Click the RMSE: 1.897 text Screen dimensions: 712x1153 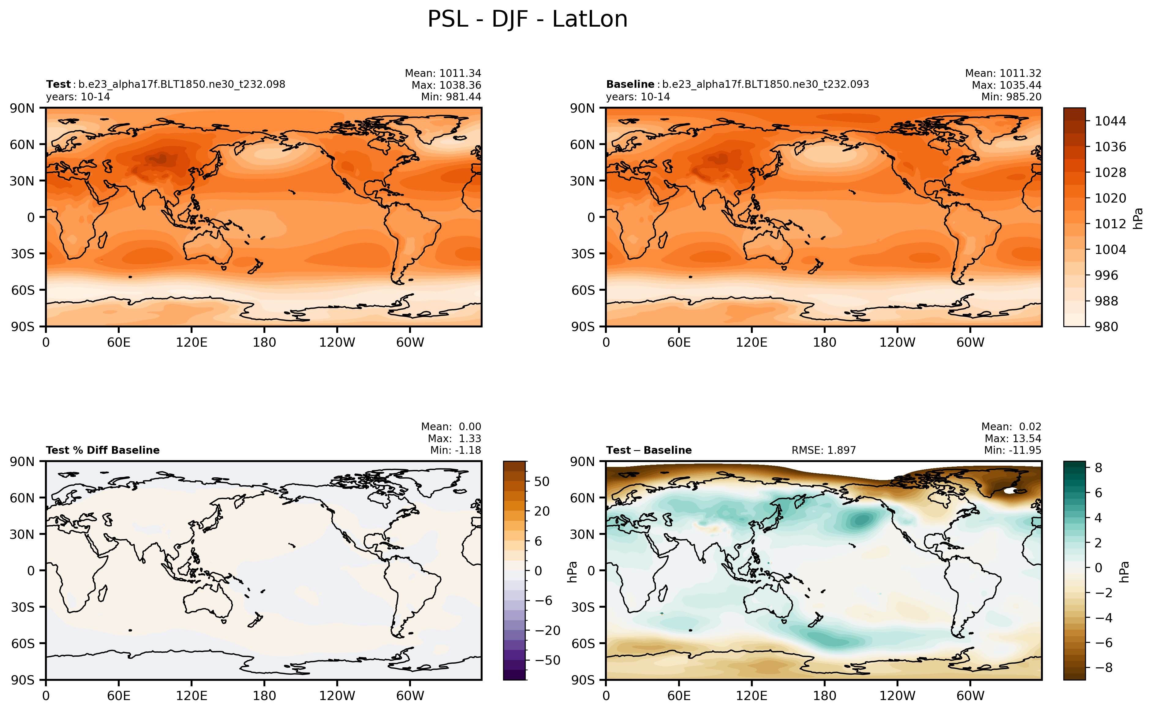(x=823, y=450)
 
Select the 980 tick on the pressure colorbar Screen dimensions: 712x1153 (x=1106, y=326)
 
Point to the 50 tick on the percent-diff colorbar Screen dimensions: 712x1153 (x=542, y=481)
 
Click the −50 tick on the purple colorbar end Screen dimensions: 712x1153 (x=547, y=660)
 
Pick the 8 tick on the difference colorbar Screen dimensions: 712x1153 (x=1099, y=468)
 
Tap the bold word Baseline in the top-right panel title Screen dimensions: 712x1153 (x=630, y=84)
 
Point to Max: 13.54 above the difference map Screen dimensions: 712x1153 (x=1013, y=438)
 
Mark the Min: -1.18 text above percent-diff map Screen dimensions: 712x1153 (x=455, y=450)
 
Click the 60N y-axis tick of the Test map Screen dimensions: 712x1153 (x=22, y=144)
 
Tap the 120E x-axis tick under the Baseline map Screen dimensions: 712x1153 (x=752, y=342)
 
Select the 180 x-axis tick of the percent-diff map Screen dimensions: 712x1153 (x=264, y=695)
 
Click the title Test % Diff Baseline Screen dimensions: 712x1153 (x=103, y=450)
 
